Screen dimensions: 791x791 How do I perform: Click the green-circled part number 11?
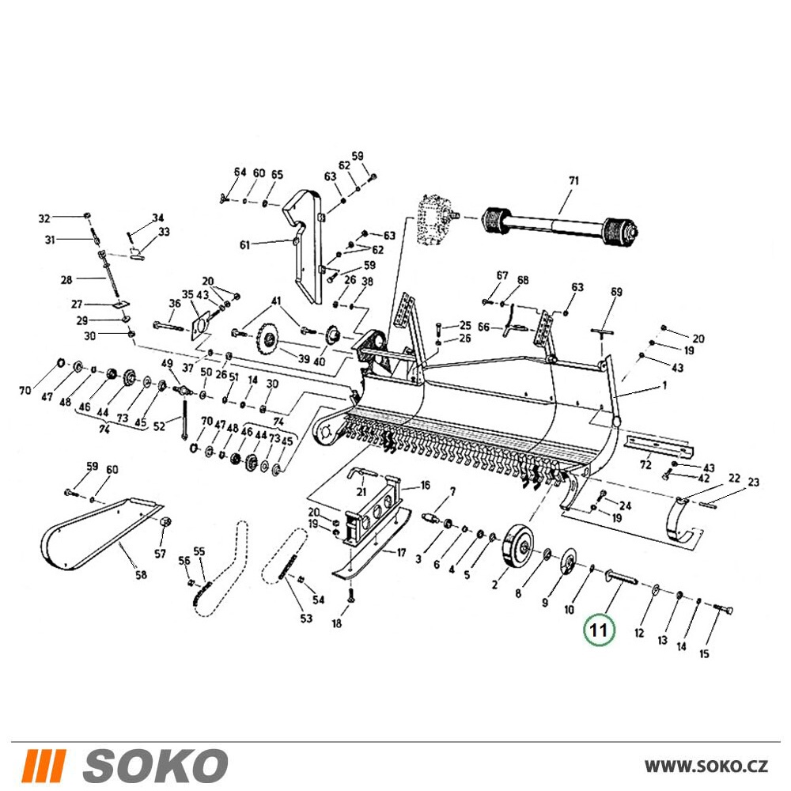pyautogui.click(x=598, y=630)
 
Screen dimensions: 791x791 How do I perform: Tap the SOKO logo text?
pyautogui.click(x=155, y=765)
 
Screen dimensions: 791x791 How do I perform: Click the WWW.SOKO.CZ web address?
pyautogui.click(x=706, y=766)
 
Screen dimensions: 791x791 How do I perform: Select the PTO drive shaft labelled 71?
pyautogui.click(x=562, y=224)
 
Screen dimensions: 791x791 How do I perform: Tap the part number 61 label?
pyautogui.click(x=244, y=246)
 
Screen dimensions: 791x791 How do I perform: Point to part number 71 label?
pyautogui.click(x=573, y=180)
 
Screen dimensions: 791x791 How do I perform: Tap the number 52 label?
pyautogui.click(x=159, y=426)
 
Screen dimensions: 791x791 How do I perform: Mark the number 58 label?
pyautogui.click(x=142, y=574)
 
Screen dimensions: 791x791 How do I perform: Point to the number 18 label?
pyautogui.click(x=336, y=623)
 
